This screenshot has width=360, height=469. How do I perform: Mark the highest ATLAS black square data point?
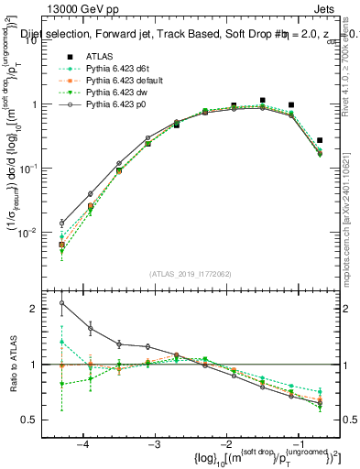coord(263,100)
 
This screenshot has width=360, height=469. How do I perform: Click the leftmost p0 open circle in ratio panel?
coord(61,303)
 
